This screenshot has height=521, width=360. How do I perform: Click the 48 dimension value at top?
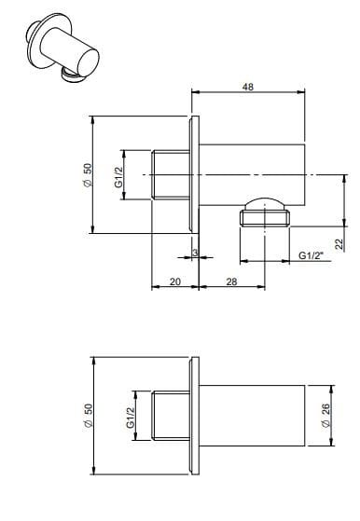click(248, 86)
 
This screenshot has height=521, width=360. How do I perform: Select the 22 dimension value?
click(340, 242)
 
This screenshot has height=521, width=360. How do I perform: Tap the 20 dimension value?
click(174, 281)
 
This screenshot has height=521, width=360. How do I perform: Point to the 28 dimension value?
click(230, 281)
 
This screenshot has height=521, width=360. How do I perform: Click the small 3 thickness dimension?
click(194, 253)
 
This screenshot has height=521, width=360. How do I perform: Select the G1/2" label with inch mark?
click(311, 255)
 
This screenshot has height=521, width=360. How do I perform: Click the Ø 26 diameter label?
click(324, 415)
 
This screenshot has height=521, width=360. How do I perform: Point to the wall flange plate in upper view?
click(193, 175)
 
